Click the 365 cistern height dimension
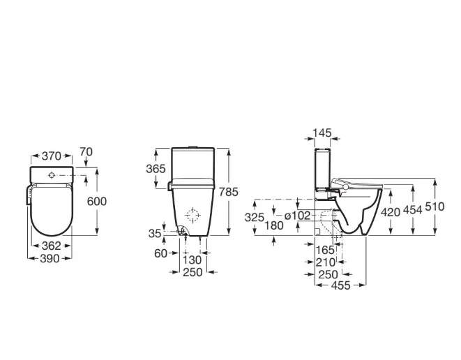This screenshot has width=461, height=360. pyautogui.click(x=155, y=170)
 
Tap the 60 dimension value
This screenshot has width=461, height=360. pyautogui.click(x=161, y=253)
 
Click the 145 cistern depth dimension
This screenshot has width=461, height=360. pyautogui.click(x=322, y=132)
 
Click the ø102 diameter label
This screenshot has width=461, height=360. pyautogui.click(x=297, y=216)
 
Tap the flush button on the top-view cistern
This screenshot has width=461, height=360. pyautogui.click(x=53, y=174)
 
